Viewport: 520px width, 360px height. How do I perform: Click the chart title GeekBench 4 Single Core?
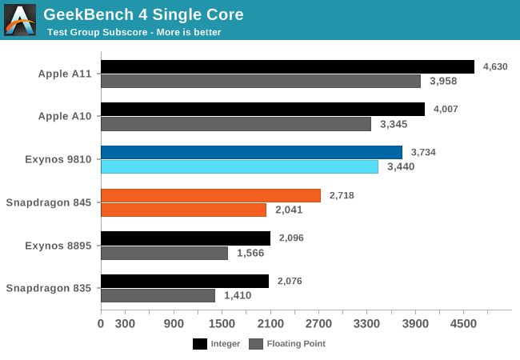143,14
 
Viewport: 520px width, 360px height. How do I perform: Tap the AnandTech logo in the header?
20,20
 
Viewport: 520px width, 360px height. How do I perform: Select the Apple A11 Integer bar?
287,66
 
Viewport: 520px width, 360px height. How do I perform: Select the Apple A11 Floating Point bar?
261,81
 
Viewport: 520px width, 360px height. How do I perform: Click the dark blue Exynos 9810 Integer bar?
251,152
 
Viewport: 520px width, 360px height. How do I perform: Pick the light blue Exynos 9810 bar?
239,166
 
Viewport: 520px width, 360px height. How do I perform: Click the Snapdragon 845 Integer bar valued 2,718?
210,195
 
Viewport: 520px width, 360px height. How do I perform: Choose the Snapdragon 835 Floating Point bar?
158,295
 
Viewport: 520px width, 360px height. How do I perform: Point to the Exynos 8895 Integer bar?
186,238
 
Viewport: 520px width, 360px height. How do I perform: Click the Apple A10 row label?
65,116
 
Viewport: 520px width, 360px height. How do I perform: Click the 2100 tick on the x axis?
270,324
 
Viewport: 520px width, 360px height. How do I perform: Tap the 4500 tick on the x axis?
463,324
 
